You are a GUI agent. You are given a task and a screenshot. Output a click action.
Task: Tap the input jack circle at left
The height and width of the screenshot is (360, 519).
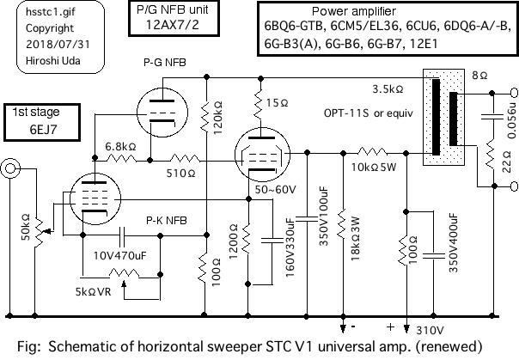(11, 168)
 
